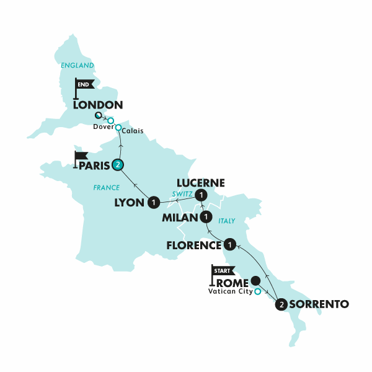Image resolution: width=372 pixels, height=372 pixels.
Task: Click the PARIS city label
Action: click(92, 166)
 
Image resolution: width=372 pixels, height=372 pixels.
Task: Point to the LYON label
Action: click(130, 202)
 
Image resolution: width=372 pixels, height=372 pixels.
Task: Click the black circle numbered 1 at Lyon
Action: click(153, 201)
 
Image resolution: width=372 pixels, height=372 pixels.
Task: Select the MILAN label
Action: click(179, 218)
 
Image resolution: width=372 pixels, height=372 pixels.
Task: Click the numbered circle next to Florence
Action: click(230, 244)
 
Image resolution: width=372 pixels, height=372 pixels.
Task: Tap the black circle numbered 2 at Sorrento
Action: click(282, 304)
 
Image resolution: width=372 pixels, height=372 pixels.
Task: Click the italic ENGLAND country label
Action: click(78, 65)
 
